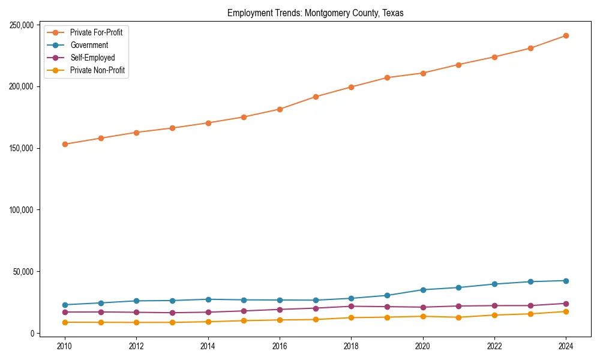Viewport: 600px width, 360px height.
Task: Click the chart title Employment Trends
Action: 315,13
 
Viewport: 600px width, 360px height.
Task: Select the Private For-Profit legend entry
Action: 100,32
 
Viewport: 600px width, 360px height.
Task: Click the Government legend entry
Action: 89,45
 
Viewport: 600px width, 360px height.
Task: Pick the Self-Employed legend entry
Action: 92,58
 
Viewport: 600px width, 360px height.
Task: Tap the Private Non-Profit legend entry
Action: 97,70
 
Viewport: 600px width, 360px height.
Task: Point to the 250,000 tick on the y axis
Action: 22,25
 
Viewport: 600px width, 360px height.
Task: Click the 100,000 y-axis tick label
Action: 22,210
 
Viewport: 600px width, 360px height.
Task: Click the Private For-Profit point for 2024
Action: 566,36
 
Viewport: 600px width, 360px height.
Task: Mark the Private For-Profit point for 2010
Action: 65,144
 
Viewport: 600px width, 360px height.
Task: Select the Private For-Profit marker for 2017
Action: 316,97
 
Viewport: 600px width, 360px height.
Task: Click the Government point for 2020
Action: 423,290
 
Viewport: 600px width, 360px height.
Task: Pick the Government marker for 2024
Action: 566,281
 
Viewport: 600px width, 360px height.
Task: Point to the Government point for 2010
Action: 65,305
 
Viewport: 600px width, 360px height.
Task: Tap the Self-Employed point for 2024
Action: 566,304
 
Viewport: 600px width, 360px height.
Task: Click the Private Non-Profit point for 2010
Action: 65,322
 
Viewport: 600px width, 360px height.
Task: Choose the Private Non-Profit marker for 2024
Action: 566,311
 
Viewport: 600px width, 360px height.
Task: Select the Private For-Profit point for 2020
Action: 423,73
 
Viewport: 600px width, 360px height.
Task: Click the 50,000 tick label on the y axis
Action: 23,272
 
